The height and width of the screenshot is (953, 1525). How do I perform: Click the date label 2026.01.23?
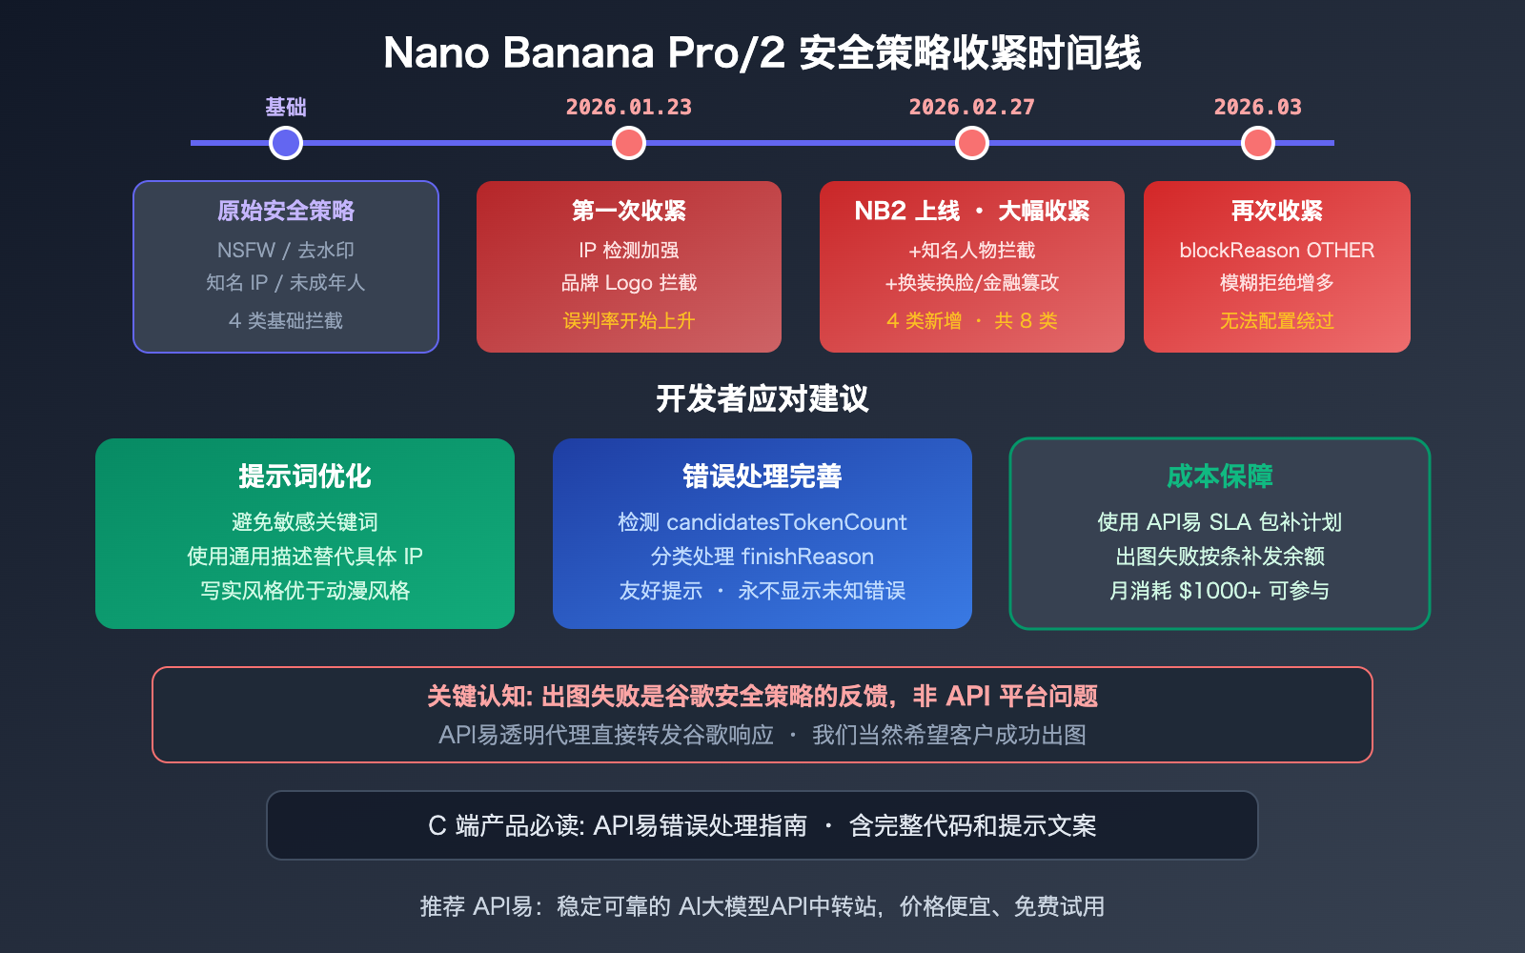pyautogui.click(x=629, y=107)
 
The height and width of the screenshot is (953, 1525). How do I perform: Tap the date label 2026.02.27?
pyautogui.click(x=971, y=107)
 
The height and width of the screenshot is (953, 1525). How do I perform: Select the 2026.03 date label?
pyautogui.click(x=1257, y=107)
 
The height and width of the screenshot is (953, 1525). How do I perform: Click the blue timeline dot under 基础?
pyautogui.click(x=286, y=143)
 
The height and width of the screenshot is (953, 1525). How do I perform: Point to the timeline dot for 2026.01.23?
pyautogui.click(x=629, y=143)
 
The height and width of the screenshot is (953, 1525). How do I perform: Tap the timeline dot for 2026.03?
pyautogui.click(x=1258, y=143)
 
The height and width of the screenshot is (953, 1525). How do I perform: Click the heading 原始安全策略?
pyautogui.click(x=286, y=211)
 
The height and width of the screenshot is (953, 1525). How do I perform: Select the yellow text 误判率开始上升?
pyautogui.click(x=629, y=321)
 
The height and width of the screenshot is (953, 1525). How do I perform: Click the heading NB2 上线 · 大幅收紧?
pyautogui.click(x=971, y=211)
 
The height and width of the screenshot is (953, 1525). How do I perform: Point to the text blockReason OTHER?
pyautogui.click(x=1276, y=251)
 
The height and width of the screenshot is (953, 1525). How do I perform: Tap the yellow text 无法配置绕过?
pyautogui.click(x=1276, y=321)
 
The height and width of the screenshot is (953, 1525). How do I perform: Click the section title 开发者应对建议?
pyautogui.click(x=762, y=398)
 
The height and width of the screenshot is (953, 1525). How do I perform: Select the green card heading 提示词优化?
pyautogui.click(x=305, y=476)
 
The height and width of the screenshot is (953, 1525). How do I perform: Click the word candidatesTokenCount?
pyautogui.click(x=786, y=522)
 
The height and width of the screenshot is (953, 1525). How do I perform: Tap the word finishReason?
pyautogui.click(x=807, y=557)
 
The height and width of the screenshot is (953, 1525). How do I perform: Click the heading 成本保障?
pyautogui.click(x=1220, y=476)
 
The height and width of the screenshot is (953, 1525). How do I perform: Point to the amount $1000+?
pyautogui.click(x=1220, y=591)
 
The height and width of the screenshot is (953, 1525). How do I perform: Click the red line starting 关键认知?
pyautogui.click(x=762, y=697)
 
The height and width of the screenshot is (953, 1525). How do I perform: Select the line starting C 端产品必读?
pyautogui.click(x=762, y=825)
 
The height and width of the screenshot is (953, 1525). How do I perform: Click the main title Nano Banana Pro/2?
pyautogui.click(x=583, y=53)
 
